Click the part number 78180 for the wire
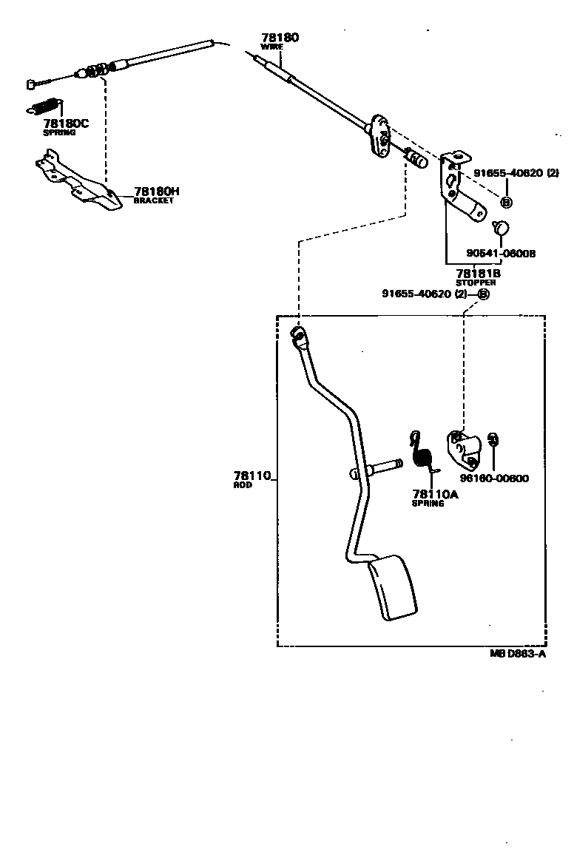click(x=280, y=38)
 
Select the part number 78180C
click(x=65, y=124)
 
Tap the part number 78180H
click(x=157, y=191)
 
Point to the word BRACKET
click(x=153, y=200)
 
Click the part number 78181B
click(x=478, y=274)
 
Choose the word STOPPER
click(x=476, y=283)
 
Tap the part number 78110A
click(x=435, y=494)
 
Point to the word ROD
click(x=243, y=485)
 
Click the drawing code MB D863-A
click(x=517, y=654)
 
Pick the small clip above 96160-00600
click(x=496, y=439)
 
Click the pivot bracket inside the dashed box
click(x=463, y=450)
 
